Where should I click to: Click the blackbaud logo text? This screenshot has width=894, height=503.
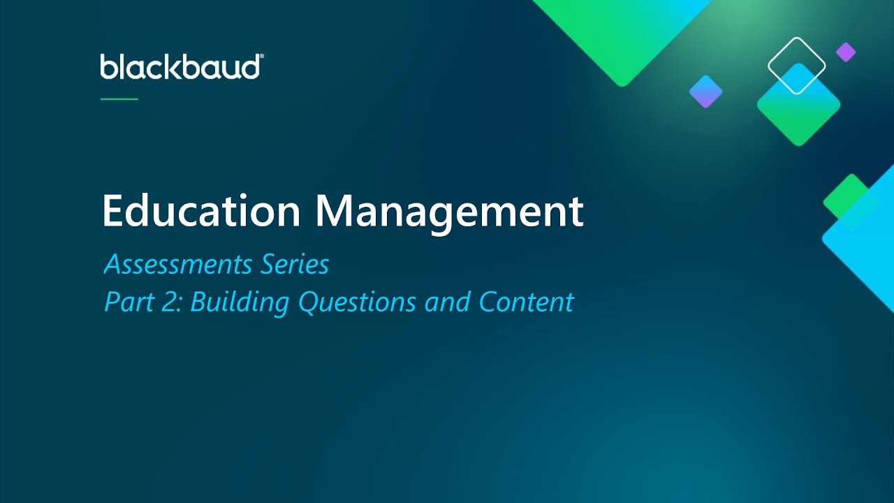point(179,67)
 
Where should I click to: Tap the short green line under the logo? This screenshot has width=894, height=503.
point(119,99)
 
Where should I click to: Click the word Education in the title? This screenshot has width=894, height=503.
point(201,211)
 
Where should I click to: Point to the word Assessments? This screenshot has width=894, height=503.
point(177,265)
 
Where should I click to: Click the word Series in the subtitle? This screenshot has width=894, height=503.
point(295,265)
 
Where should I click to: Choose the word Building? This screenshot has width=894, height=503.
point(240,302)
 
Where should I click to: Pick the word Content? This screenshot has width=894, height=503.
point(526,302)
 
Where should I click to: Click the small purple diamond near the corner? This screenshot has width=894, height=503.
point(846,52)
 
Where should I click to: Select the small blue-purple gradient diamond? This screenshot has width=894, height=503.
point(705,92)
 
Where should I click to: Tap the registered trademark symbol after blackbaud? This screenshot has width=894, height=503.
point(261,57)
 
